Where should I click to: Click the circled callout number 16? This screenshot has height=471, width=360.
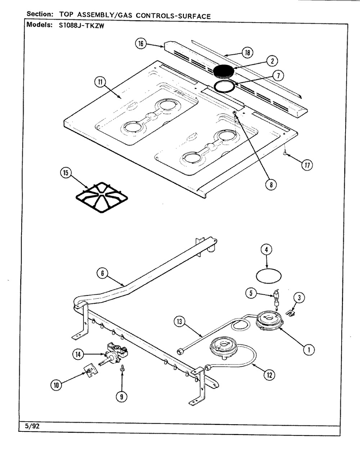(x=141, y=44)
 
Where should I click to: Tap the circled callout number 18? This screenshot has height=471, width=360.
(x=248, y=53)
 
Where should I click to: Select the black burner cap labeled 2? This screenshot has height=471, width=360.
(x=224, y=71)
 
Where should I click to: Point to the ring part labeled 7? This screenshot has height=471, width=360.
(x=225, y=87)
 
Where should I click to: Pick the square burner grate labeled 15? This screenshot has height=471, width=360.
(x=102, y=197)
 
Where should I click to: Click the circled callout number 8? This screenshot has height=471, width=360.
(x=271, y=185)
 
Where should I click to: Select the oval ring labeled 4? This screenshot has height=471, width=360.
(x=269, y=276)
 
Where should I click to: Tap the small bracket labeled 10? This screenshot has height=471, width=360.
(x=91, y=371)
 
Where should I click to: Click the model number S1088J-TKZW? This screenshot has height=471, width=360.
(x=81, y=26)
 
